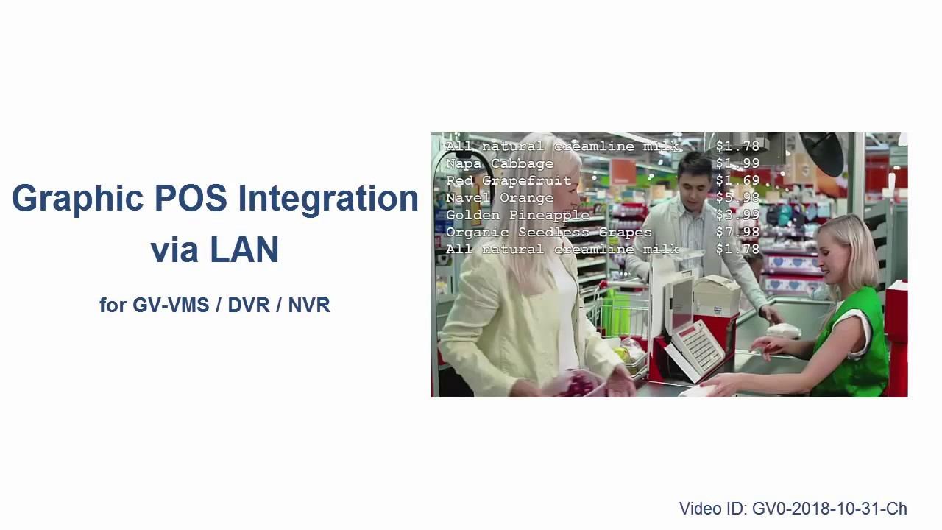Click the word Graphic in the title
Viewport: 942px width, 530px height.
[x=78, y=199]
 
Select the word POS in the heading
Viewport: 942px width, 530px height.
[x=191, y=198]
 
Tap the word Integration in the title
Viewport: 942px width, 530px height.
[x=328, y=199]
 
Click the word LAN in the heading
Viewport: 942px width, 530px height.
[x=244, y=250]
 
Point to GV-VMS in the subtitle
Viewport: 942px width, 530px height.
[x=171, y=305]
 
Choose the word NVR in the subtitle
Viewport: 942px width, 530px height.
[x=309, y=305]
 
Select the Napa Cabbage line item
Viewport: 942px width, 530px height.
[x=500, y=163]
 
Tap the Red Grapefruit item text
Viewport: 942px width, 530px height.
[x=509, y=181]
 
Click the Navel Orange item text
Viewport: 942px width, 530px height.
[x=500, y=198]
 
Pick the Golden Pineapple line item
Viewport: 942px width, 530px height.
[x=517, y=216]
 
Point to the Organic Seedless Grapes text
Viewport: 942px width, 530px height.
[x=549, y=232]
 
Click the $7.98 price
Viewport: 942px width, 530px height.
[x=737, y=232]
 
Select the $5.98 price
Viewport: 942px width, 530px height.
[x=737, y=197]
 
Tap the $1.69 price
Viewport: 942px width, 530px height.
[x=737, y=180]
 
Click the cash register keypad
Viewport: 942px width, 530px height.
[x=694, y=348]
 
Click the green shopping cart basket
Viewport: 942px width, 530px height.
[x=617, y=314]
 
